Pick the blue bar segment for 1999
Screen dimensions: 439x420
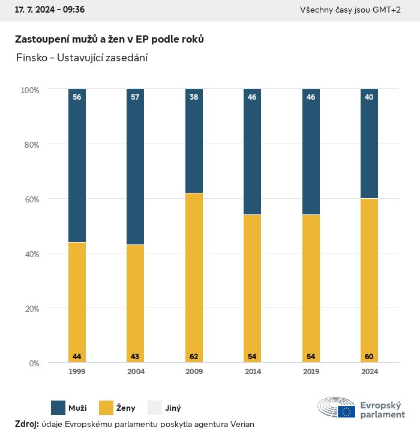(x=77, y=165)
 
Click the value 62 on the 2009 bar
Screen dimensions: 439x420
(x=194, y=357)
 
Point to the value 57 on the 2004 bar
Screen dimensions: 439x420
(x=136, y=97)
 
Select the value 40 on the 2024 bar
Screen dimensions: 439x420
(x=369, y=97)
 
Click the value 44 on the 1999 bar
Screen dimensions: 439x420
(x=77, y=357)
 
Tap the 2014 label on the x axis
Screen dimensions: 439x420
(x=253, y=372)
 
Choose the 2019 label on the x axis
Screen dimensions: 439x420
(x=311, y=372)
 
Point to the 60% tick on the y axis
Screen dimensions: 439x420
(x=31, y=199)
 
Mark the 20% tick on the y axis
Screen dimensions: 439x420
(x=31, y=309)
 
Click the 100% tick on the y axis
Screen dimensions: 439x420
(x=29, y=90)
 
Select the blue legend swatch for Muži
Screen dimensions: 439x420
(x=58, y=408)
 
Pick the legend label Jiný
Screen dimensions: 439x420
(x=172, y=408)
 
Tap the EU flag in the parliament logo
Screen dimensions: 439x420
(x=346, y=411)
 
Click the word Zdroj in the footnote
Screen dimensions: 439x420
(x=26, y=424)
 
